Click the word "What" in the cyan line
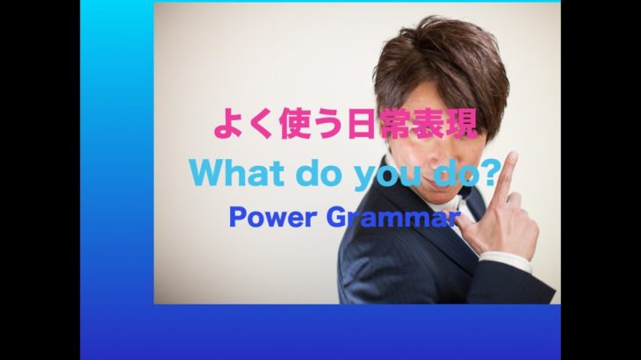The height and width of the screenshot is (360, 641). coord(237,173)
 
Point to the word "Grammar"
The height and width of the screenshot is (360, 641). coord(393,218)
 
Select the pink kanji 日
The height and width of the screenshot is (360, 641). coord(361,124)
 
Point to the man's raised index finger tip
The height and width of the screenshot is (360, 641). coord(512,156)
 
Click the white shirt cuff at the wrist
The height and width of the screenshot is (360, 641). coord(507,261)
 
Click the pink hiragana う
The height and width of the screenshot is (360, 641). coord(328,124)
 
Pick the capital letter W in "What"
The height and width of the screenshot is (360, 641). coord(205,173)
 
